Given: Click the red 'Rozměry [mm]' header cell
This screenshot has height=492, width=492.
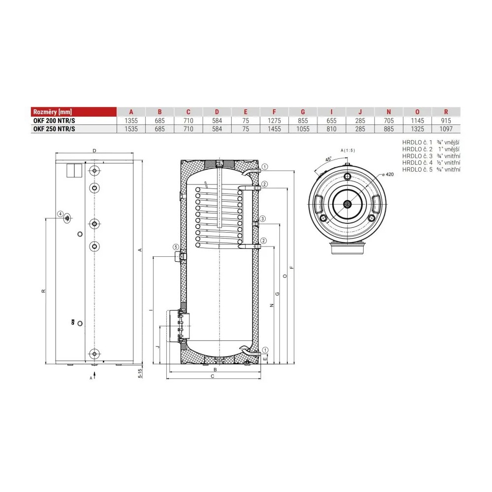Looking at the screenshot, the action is tap(74, 112).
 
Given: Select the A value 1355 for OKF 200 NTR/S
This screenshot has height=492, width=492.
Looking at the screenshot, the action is tap(131, 121).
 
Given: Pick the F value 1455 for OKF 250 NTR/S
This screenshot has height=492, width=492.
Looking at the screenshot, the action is tap(274, 129).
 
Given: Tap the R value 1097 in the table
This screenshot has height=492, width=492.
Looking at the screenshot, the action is tap(446, 129).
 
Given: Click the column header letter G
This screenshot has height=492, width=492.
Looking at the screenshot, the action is tap(303, 112).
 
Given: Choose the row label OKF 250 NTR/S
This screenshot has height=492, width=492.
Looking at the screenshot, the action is tap(54, 129).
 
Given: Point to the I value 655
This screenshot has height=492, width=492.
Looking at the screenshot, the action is tap(331, 121).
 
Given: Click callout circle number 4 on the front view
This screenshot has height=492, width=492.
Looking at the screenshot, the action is tap(60, 214).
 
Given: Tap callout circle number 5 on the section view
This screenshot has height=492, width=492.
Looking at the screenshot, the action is tap(176, 247).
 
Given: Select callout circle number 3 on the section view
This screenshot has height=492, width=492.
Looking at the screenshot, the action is tap(263, 219).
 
